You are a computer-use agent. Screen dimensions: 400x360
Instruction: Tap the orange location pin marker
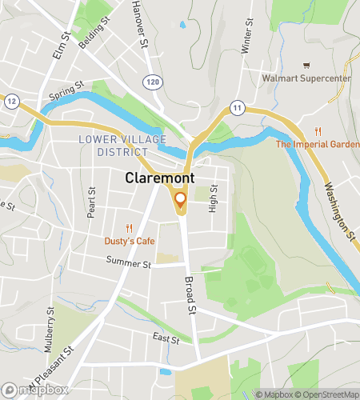click(x=180, y=200)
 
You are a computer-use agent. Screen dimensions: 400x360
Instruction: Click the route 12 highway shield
click(x=12, y=101)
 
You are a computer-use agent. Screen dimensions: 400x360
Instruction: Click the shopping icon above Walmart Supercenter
click(x=305, y=66)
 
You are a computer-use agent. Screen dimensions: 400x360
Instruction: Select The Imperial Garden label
click(x=318, y=145)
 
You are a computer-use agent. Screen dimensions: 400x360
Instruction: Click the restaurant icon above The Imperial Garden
click(x=318, y=131)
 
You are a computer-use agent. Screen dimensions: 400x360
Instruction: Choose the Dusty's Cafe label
click(x=129, y=241)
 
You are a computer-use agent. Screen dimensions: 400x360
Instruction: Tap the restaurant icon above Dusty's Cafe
click(x=129, y=228)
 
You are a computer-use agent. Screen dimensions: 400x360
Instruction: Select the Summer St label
click(x=130, y=263)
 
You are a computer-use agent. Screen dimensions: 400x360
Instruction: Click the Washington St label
click(x=340, y=211)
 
